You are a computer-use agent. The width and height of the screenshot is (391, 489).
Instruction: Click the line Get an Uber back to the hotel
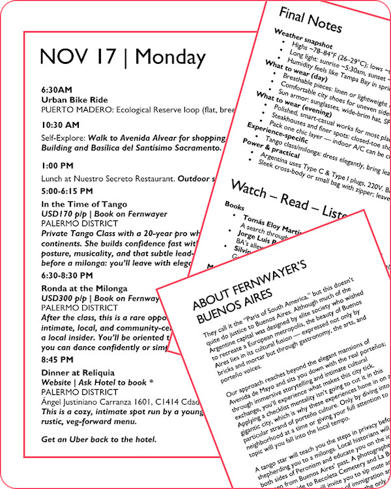[x=98, y=439]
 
